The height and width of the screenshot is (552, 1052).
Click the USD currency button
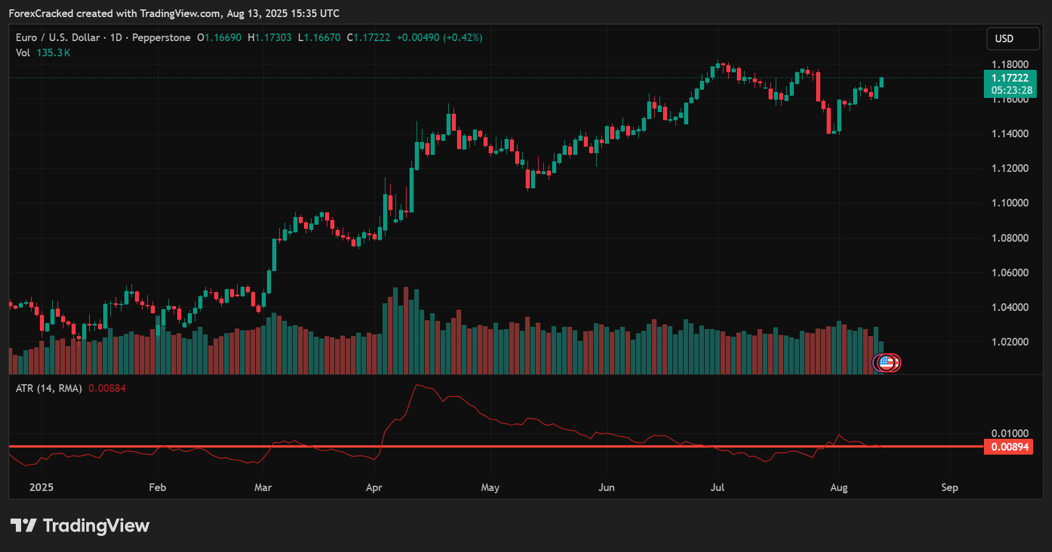coord(1012,39)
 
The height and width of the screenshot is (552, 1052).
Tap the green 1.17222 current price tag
coord(1010,78)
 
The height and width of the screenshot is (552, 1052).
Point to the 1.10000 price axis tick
coord(1010,203)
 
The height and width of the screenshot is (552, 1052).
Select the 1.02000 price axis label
coord(1010,342)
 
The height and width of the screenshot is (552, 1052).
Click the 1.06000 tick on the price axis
coord(1010,273)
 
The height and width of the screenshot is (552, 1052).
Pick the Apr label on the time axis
coord(374,487)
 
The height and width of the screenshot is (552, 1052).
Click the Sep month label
coord(949,487)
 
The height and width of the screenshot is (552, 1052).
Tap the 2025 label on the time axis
coord(41,487)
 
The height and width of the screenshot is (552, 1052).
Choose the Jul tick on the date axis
coord(717,487)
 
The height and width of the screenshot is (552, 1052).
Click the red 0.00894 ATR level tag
coord(1009,447)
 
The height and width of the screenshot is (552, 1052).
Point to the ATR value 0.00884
coord(107,388)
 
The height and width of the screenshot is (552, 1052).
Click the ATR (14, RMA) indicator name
coord(49,388)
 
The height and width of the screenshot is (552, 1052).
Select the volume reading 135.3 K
coord(53,53)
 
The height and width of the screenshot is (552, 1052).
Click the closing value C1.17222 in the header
coord(368,38)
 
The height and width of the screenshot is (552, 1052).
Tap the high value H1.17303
coord(269,38)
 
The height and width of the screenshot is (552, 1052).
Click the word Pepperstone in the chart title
coord(161,38)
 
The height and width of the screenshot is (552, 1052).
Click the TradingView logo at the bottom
coord(80,526)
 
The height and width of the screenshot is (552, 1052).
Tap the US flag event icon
coord(887,363)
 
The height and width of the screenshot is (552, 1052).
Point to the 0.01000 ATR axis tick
coord(1010,434)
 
